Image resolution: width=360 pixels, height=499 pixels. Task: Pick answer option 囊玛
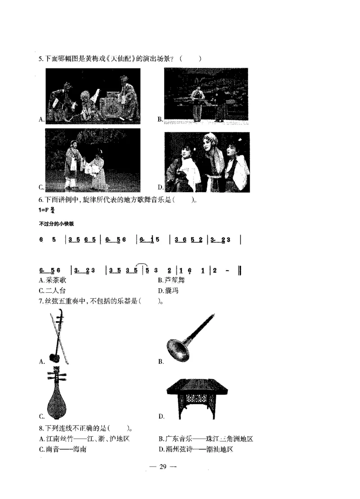[x=171, y=291]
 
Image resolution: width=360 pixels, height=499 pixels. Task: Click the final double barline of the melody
[x=240, y=270]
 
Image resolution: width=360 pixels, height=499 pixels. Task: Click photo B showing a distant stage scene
[x=206, y=95]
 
